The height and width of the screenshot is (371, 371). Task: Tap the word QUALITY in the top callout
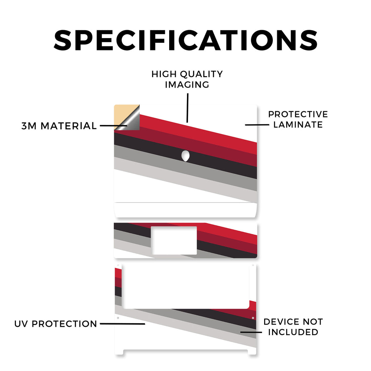pos(201,74)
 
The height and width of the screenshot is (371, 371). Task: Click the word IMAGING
pos(187,85)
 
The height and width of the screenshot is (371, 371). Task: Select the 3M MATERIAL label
pos(59,126)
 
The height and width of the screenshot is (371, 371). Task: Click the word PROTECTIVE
pos(298,114)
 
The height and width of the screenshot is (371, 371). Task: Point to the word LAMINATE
pos(298,125)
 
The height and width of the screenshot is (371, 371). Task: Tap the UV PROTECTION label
pos(56,324)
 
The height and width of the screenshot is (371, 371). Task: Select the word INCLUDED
pos(293,332)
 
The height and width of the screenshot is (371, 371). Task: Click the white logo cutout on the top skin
pos(185,156)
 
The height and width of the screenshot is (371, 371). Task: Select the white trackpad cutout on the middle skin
pos(174,241)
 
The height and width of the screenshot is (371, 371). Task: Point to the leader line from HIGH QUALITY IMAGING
pos(187,108)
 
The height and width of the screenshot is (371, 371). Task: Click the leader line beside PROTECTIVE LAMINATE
pos(257,125)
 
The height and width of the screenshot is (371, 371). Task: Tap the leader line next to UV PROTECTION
pos(122,324)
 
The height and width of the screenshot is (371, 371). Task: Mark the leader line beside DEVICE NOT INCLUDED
pos(251,332)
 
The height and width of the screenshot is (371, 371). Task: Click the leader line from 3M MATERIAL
pos(113,126)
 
